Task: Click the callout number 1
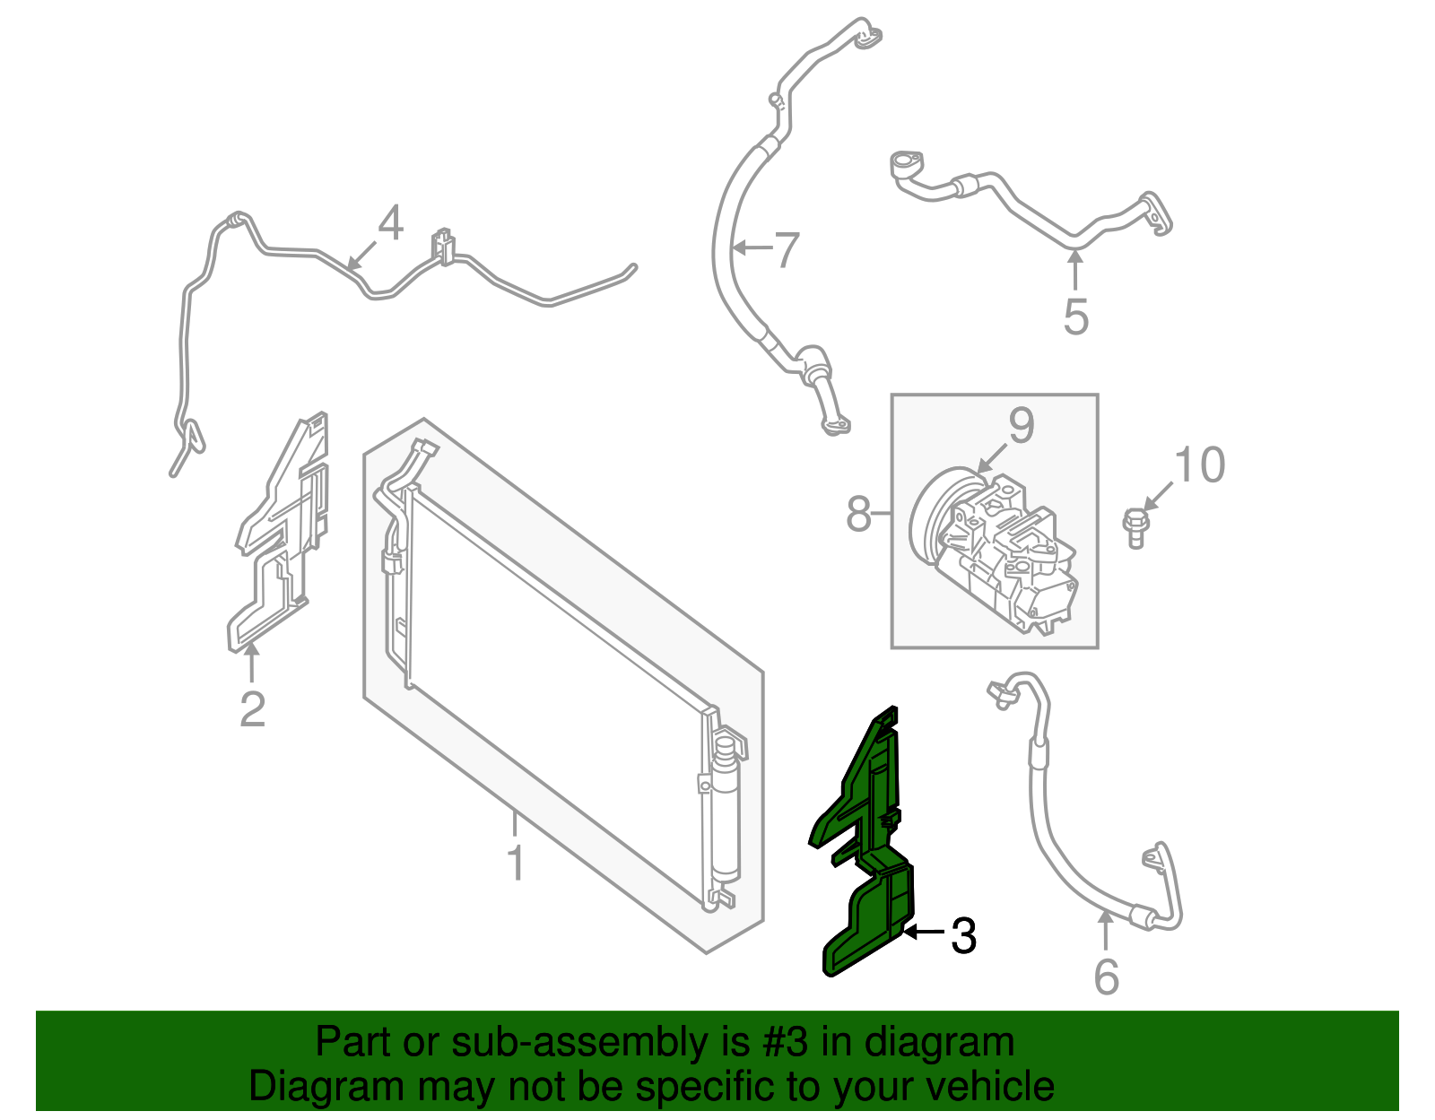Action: pyautogui.click(x=515, y=862)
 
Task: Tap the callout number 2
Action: pyautogui.click(x=253, y=708)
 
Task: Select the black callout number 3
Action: pyautogui.click(x=962, y=936)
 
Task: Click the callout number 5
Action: pyautogui.click(x=1075, y=317)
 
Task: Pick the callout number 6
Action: pyautogui.click(x=1107, y=977)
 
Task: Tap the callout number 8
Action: pyautogui.click(x=858, y=515)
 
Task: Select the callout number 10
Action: pyautogui.click(x=1199, y=464)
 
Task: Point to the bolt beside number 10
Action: pyautogui.click(x=1135, y=525)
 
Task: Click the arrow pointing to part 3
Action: pyautogui.click(x=924, y=933)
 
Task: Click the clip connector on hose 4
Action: pyautogui.click(x=442, y=247)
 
